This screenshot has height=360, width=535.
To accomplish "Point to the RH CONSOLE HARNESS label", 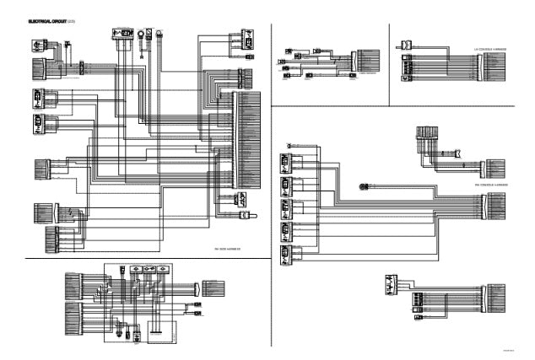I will pyautogui.click(x=489, y=185).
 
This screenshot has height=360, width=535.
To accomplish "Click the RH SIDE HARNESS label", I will pyautogui.click(x=229, y=249).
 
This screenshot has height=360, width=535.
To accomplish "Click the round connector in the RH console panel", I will pyautogui.click(x=363, y=185).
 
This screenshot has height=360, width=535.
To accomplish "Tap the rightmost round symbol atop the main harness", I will pyautogui.click(x=158, y=35).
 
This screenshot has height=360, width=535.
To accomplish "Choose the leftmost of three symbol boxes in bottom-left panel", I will pyautogui.click(x=123, y=271).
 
